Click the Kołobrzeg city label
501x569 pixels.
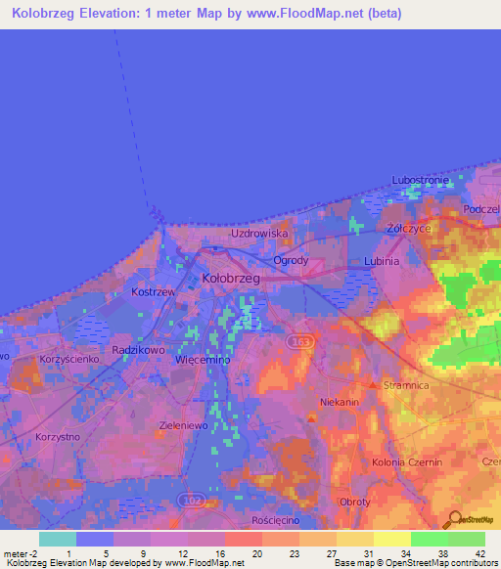coord(230,279)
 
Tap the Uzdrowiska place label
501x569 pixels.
coord(259,234)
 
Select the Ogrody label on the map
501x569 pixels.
coord(291,261)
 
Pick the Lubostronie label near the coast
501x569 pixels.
coord(420,181)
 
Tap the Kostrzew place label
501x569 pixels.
coord(152,293)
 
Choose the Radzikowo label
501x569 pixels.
coord(137,349)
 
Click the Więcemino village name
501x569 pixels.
coord(202,360)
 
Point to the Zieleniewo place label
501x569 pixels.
coord(183,426)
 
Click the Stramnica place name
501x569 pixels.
coord(407,386)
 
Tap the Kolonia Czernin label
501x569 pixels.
coord(407,461)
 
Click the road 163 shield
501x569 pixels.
coord(298,341)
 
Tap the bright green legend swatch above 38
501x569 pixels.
coord(429,539)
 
